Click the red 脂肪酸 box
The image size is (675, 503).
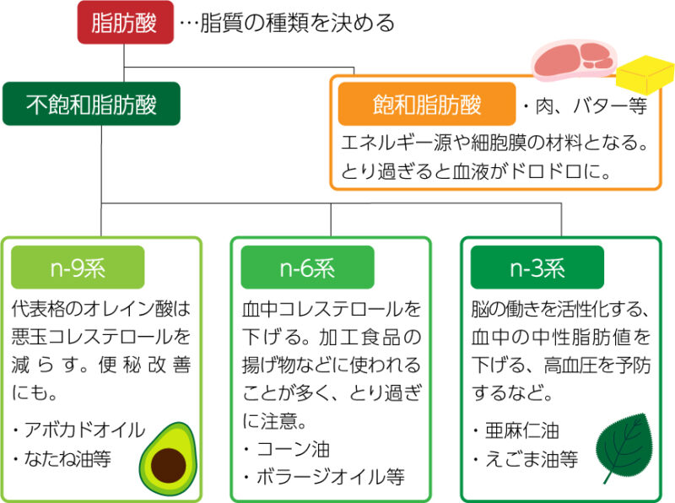coord(125,23)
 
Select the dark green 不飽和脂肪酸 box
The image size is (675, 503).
coord(91,104)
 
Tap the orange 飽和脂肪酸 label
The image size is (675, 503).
coord(427,104)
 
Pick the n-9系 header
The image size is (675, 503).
coord(78,268)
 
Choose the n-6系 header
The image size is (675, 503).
coord(307,268)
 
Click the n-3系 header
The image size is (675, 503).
coord(537,268)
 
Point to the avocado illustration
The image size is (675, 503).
coord(168,458)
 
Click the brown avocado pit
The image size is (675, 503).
coord(168,466)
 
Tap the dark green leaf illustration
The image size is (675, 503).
coord(624,448)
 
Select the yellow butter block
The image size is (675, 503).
coord(645,74)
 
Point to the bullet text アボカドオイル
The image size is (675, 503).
coord(85,430)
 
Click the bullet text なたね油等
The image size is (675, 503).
coord(67,458)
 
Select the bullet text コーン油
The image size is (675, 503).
coord(293,449)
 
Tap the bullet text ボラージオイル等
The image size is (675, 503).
coord(331,477)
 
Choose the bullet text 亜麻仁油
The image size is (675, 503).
coord(522,430)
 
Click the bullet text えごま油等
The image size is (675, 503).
coord(532,459)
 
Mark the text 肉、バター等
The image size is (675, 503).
coord(591,106)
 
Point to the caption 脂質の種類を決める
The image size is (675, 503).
coord(298,23)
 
